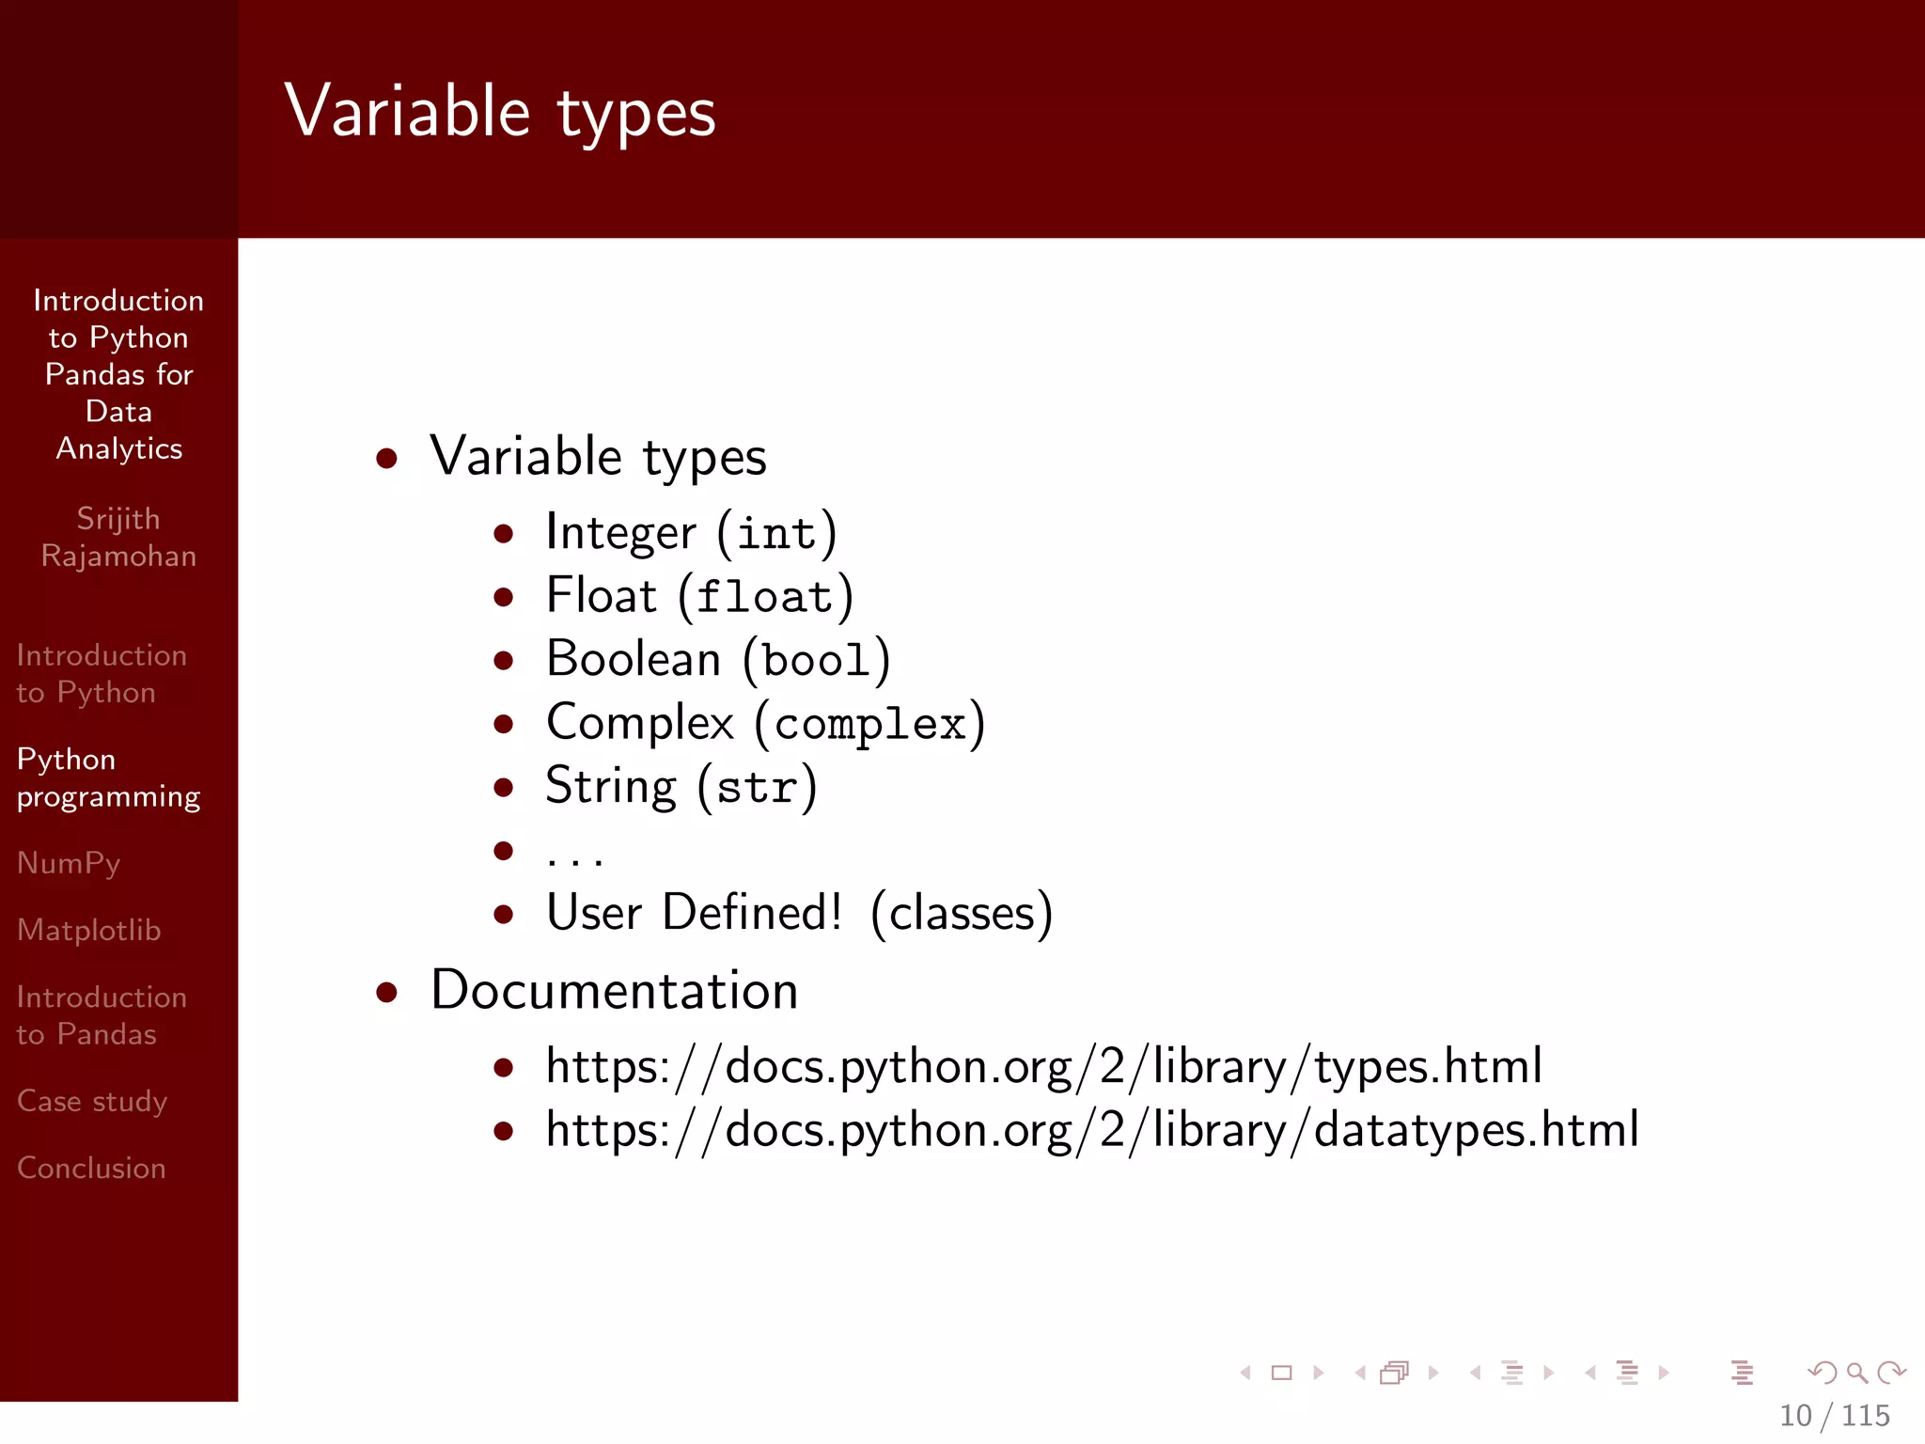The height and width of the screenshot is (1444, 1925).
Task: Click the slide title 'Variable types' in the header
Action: tap(500, 111)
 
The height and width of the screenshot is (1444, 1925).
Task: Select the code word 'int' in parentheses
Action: tap(776, 534)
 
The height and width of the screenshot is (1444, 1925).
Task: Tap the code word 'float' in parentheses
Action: tap(765, 598)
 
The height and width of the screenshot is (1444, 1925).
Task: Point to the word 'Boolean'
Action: tap(633, 659)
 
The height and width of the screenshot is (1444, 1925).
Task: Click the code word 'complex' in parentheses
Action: tap(870, 725)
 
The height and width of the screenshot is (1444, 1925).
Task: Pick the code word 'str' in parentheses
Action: tap(757, 788)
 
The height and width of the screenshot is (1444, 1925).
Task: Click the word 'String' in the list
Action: tap(611, 786)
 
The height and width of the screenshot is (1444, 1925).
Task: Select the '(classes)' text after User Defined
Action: tap(961, 913)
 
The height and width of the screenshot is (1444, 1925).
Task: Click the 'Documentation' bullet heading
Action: tap(614, 991)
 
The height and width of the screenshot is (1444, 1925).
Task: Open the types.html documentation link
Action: tap(1043, 1067)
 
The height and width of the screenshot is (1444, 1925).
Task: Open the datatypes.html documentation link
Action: tap(1092, 1130)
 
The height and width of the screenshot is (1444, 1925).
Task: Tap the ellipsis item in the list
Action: tap(574, 854)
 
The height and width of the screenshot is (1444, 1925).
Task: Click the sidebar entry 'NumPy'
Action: tap(69, 863)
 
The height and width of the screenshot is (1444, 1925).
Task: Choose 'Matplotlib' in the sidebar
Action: tap(89, 930)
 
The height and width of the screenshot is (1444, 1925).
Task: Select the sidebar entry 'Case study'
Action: tap(92, 1101)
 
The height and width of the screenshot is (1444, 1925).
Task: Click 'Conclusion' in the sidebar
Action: tap(91, 1168)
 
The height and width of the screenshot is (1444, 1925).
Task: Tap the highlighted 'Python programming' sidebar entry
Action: tap(108, 777)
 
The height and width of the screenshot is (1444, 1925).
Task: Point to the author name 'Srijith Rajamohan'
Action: tap(118, 537)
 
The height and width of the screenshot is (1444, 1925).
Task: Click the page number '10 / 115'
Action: tap(1834, 1416)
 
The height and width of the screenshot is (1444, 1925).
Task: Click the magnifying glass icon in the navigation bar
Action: tap(1856, 1373)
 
